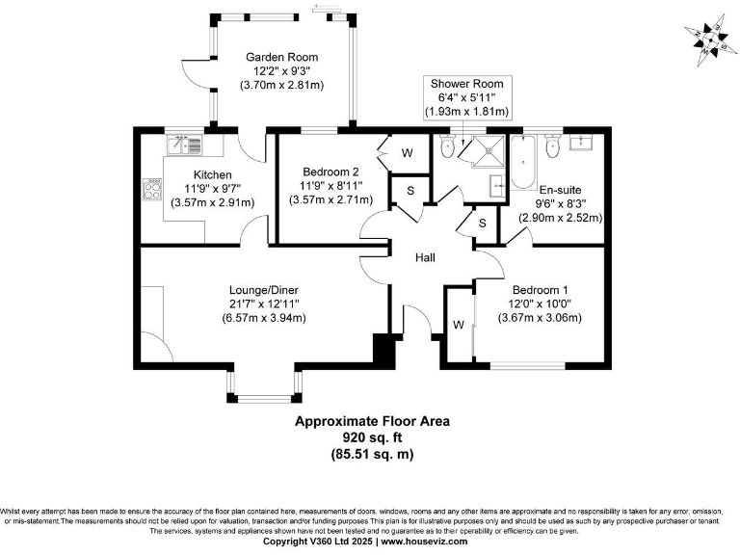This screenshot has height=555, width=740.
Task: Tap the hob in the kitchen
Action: [x=152, y=189]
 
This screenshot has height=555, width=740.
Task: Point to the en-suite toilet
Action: [x=552, y=147]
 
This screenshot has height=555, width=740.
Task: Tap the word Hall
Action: [x=426, y=258]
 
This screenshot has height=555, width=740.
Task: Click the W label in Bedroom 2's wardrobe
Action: [x=407, y=153]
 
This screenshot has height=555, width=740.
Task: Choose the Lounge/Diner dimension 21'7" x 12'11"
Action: [x=264, y=304]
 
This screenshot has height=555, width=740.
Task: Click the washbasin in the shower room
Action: [x=497, y=185]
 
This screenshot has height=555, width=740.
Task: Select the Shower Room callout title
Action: [x=466, y=84]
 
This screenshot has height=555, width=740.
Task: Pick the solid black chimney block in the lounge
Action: [x=385, y=351]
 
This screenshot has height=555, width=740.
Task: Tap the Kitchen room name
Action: [x=212, y=174]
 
